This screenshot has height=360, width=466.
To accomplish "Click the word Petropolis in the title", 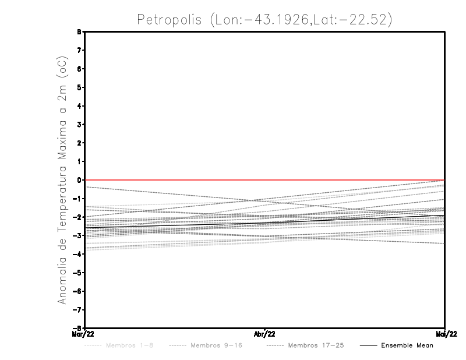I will coord(169,19).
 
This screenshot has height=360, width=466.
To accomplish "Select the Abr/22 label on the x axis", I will coord(265,334).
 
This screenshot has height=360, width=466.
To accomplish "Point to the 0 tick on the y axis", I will coord(78,180).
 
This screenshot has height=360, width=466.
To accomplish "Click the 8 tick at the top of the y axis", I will coord(78,31).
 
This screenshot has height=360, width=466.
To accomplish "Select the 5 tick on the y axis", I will coord(78,87).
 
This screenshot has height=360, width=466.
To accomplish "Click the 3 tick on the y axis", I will coord(78,125).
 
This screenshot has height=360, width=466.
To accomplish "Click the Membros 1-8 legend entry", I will coord(130,345).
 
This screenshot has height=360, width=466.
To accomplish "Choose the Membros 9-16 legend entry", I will coord(216,345).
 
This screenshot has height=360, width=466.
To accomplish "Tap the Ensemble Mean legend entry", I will coord(407,345).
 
